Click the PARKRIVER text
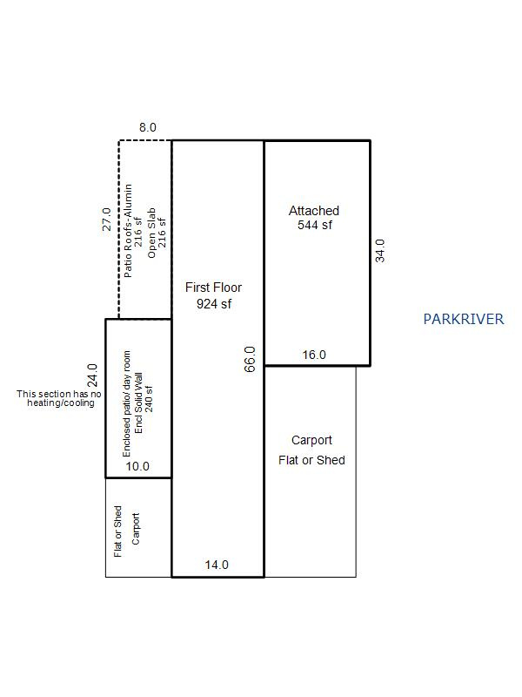coord(463,319)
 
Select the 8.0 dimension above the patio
coord(148,127)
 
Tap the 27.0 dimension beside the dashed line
coord(106,219)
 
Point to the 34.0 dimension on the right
coord(379,251)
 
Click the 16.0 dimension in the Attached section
coord(314,355)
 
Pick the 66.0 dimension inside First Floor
coord(250,359)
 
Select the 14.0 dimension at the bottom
coord(217,565)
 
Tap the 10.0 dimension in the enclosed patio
coord(137,466)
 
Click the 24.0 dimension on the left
coord(91,376)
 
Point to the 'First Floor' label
coord(213,287)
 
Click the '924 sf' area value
coord(213,304)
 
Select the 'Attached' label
coord(314,211)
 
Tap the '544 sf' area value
coord(314,226)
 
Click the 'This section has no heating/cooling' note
coord(59,399)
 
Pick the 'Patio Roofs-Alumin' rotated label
coord(128,230)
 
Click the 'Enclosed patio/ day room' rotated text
coord(127,403)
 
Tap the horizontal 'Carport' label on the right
coord(311,440)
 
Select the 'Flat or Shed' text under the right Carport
coord(311,460)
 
